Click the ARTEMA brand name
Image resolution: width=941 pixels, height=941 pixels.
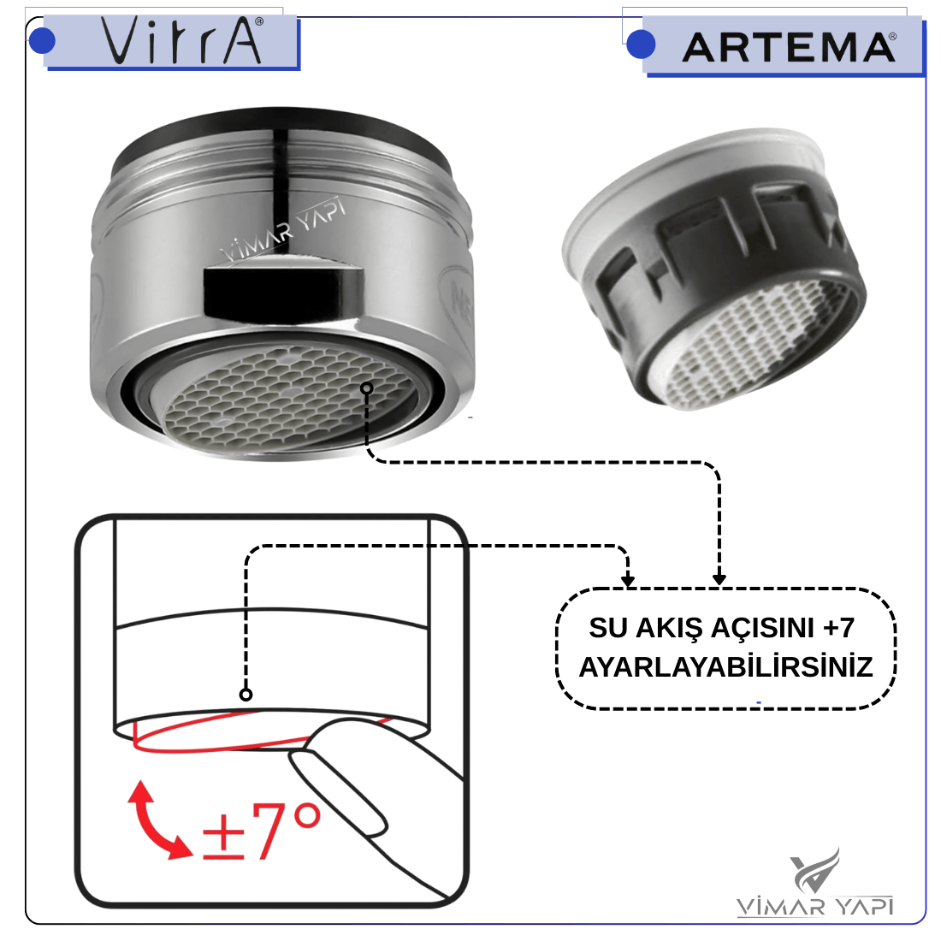(x=790, y=47)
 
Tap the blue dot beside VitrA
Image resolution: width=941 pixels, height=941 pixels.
(x=42, y=40)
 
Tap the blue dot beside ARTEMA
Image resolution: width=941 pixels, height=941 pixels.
(x=641, y=44)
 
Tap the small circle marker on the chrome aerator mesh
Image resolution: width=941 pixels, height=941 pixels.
(x=367, y=388)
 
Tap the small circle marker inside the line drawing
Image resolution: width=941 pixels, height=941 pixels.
(x=246, y=695)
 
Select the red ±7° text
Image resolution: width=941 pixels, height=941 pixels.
(x=262, y=832)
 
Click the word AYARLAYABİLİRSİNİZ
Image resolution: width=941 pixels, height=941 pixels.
(x=725, y=666)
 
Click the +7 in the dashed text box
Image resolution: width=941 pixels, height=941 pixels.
(x=839, y=628)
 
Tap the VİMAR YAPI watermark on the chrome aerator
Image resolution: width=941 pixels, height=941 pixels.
(x=283, y=230)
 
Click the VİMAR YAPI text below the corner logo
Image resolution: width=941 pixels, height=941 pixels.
(x=815, y=906)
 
